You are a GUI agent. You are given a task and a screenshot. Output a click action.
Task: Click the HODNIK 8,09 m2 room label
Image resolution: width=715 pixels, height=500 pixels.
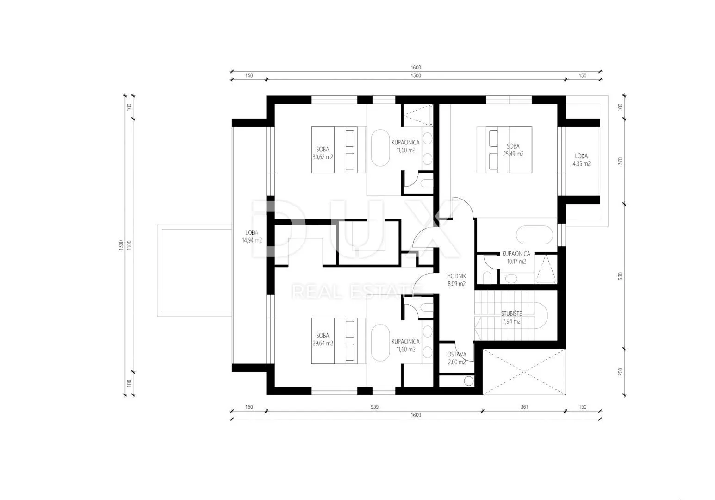click(x=456, y=280)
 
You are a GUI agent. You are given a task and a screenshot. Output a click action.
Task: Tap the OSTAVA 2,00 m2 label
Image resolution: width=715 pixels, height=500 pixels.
click(x=456, y=358)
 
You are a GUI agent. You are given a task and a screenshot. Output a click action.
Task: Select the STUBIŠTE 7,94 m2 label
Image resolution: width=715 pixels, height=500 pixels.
click(x=511, y=318)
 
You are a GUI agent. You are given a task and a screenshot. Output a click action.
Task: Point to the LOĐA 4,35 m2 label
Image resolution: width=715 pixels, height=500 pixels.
click(x=581, y=160)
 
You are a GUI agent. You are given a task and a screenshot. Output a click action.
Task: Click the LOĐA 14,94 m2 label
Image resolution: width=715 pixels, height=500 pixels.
click(x=252, y=237)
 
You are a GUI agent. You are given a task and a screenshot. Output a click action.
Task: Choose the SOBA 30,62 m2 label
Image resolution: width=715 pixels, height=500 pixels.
click(x=323, y=153)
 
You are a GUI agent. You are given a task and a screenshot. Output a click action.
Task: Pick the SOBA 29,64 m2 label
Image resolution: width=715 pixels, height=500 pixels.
click(x=323, y=339)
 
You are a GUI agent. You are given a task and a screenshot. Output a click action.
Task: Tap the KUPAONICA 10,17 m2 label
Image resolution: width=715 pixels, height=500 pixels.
click(x=516, y=258)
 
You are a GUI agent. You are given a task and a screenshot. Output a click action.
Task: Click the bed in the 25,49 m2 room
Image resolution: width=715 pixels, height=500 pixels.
click(x=504, y=150)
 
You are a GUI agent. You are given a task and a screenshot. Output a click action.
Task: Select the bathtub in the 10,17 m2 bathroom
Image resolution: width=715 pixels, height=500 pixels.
click(x=535, y=235)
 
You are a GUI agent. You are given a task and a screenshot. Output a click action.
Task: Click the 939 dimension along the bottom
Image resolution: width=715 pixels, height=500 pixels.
click(x=374, y=407)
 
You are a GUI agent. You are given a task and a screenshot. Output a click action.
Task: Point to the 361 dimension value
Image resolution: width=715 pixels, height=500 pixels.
click(x=524, y=407)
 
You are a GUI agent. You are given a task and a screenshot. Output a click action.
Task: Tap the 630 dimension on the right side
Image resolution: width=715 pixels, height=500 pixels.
click(x=620, y=276)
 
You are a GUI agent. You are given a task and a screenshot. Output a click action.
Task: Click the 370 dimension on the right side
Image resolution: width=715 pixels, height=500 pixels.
click(x=620, y=161)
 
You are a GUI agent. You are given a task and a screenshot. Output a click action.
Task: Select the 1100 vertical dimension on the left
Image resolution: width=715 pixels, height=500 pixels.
click(x=129, y=245)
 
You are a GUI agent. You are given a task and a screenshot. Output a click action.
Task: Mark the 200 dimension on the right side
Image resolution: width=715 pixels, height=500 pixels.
click(x=620, y=372)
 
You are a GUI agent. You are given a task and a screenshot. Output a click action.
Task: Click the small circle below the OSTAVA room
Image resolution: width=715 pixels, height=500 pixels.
click(x=469, y=381)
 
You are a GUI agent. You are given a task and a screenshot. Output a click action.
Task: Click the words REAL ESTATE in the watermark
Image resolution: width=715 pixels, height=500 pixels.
click(x=356, y=292)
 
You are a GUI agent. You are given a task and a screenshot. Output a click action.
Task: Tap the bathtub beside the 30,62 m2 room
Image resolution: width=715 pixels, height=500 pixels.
click(x=380, y=148)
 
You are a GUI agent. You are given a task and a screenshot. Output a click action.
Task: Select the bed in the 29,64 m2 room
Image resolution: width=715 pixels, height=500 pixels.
click(x=338, y=341)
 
